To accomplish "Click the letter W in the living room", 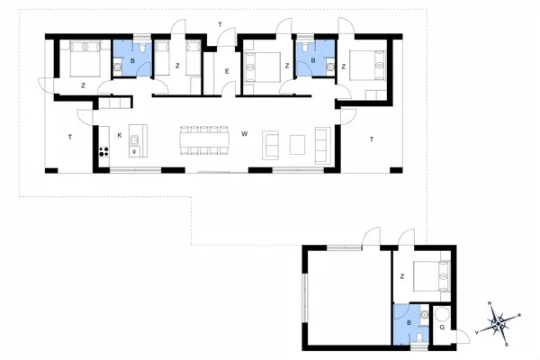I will coord(244,135).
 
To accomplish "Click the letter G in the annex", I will coord(442,327).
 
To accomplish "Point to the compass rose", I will coord(498,324).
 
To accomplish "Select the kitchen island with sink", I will coord(136,141).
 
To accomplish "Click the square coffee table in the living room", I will coord(298,144).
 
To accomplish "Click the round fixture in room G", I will coord(441,313).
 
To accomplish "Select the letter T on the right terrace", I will coord(371,139).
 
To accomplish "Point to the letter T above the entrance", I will coord(220,23).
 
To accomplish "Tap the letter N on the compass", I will coord(489,305).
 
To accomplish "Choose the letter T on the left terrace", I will coord(69,136).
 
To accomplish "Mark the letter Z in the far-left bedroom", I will coord(82,85).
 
